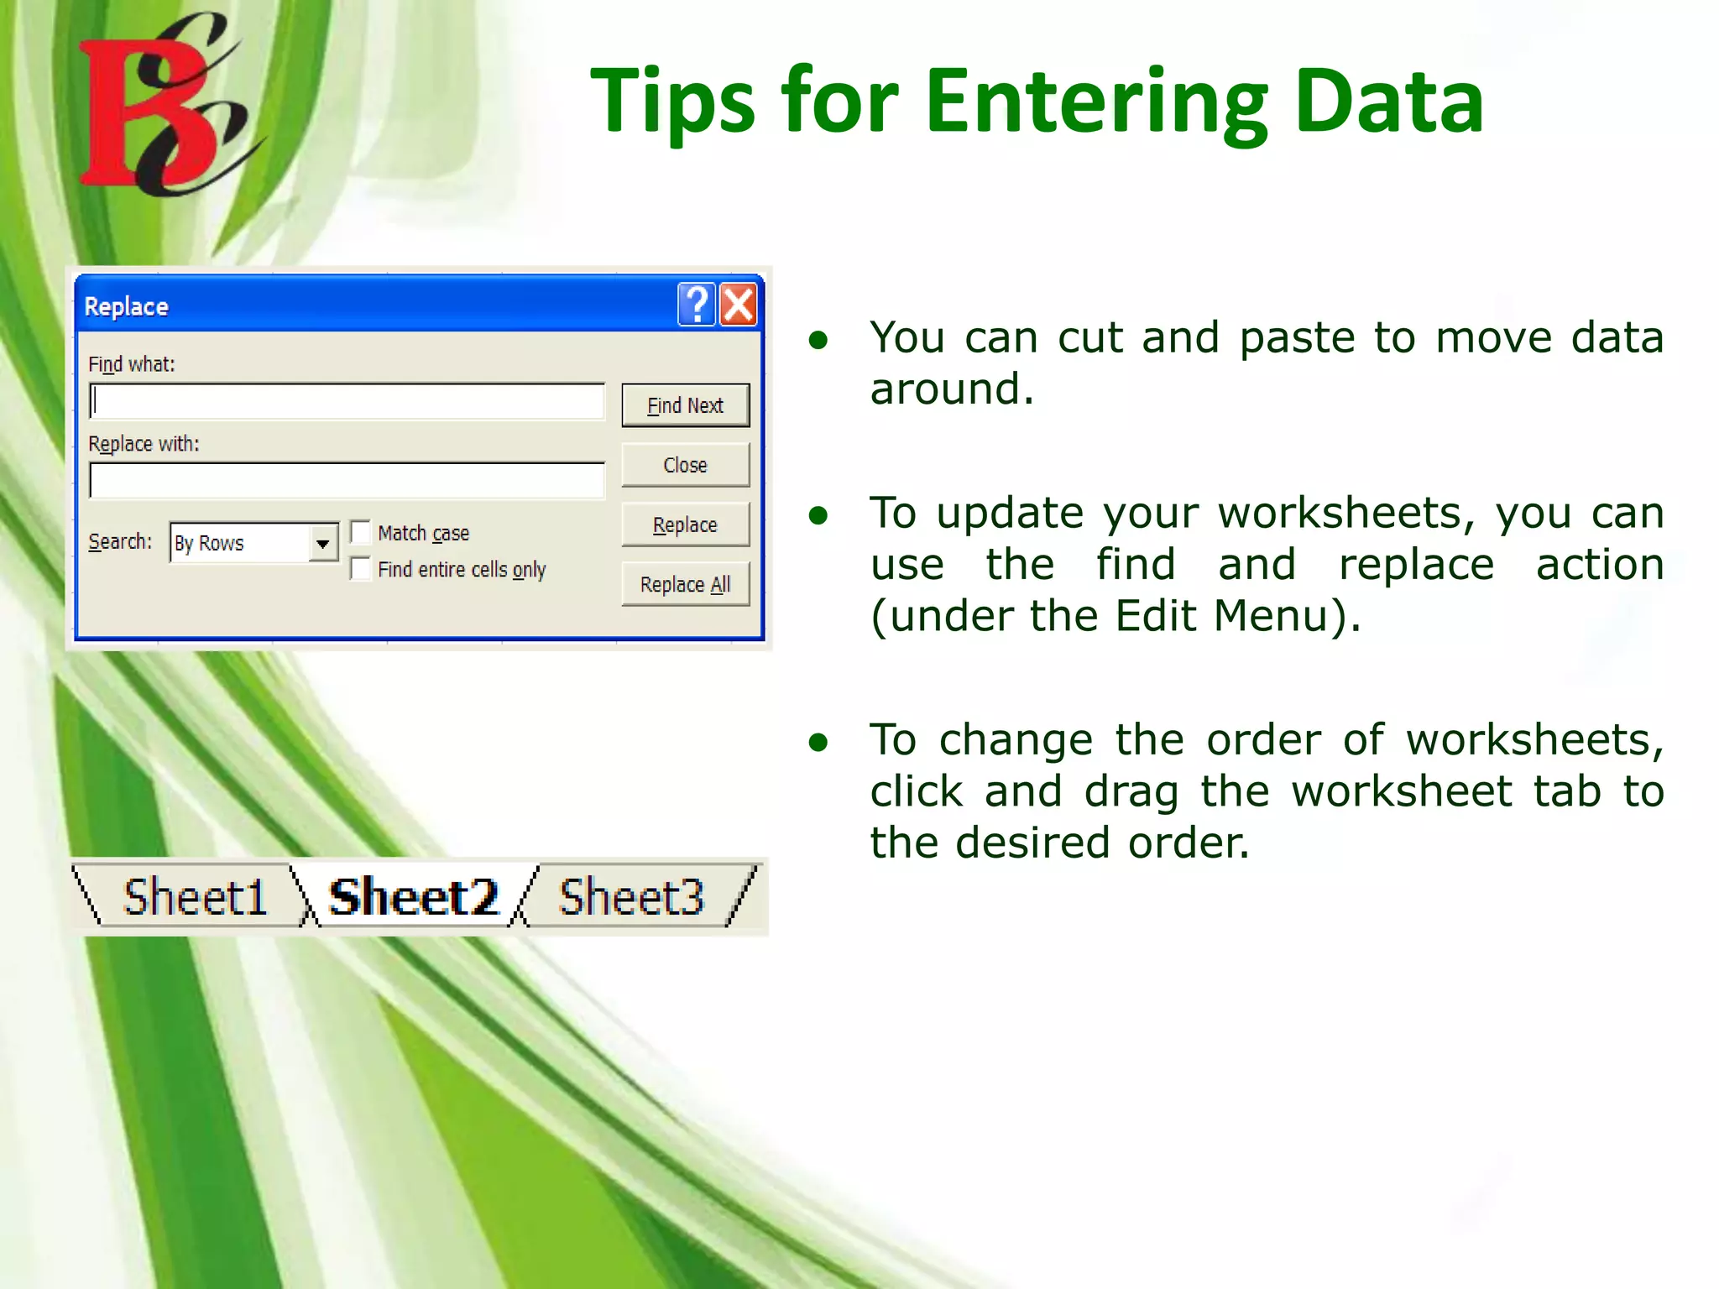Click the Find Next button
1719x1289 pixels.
click(685, 406)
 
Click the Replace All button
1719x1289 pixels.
click(685, 584)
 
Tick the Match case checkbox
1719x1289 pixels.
click(361, 532)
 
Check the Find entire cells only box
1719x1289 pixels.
click(361, 569)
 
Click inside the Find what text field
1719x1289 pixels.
click(347, 402)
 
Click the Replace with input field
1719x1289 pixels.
click(347, 481)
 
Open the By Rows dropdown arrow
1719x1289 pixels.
click(322, 543)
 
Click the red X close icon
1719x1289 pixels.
click(739, 305)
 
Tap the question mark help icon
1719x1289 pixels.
click(696, 305)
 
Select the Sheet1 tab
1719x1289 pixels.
click(195, 897)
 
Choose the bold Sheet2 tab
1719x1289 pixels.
click(413, 897)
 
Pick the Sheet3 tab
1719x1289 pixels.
click(631, 897)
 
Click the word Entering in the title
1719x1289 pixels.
click(1096, 102)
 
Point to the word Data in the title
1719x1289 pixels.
click(1389, 102)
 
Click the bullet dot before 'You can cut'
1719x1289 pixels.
click(818, 340)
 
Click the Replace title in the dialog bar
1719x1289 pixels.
click(126, 306)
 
